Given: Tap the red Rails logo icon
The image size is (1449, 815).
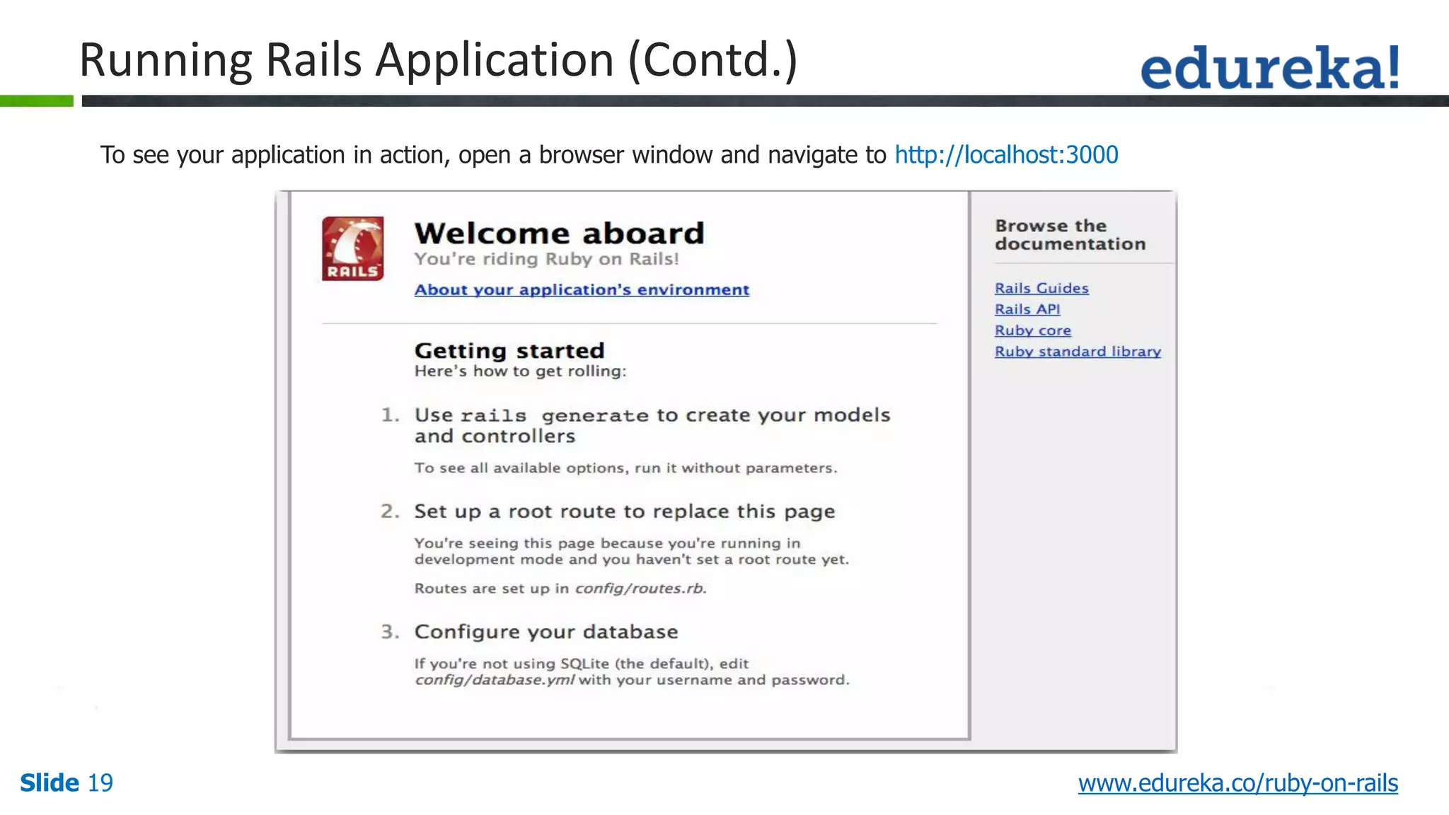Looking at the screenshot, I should click(x=352, y=248).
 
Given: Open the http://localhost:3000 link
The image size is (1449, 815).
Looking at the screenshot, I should click(x=1006, y=155).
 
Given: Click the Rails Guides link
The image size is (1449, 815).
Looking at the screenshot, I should click(x=1041, y=288).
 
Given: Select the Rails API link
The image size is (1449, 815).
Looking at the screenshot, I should click(x=1027, y=309).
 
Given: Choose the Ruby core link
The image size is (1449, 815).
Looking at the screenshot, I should click(x=1032, y=330).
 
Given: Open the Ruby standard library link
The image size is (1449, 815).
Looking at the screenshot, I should click(x=1078, y=352).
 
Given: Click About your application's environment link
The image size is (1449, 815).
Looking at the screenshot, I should click(x=582, y=290).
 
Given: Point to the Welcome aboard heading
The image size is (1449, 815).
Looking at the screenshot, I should click(x=559, y=233).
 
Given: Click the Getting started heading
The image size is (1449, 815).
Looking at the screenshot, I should click(x=509, y=351).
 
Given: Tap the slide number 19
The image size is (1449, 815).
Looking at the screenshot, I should click(x=100, y=783).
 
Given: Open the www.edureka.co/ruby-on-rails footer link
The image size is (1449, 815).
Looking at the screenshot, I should click(x=1237, y=783).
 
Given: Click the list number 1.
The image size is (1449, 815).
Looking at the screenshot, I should click(x=390, y=415).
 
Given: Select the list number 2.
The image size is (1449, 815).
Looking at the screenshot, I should click(x=390, y=511).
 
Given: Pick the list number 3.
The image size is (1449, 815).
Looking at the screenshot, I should click(x=390, y=632).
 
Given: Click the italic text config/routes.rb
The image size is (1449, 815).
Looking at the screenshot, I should click(x=640, y=589).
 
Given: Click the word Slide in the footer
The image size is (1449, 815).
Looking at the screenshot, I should click(x=50, y=783).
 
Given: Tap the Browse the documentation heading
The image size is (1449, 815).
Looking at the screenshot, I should click(x=1070, y=235).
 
